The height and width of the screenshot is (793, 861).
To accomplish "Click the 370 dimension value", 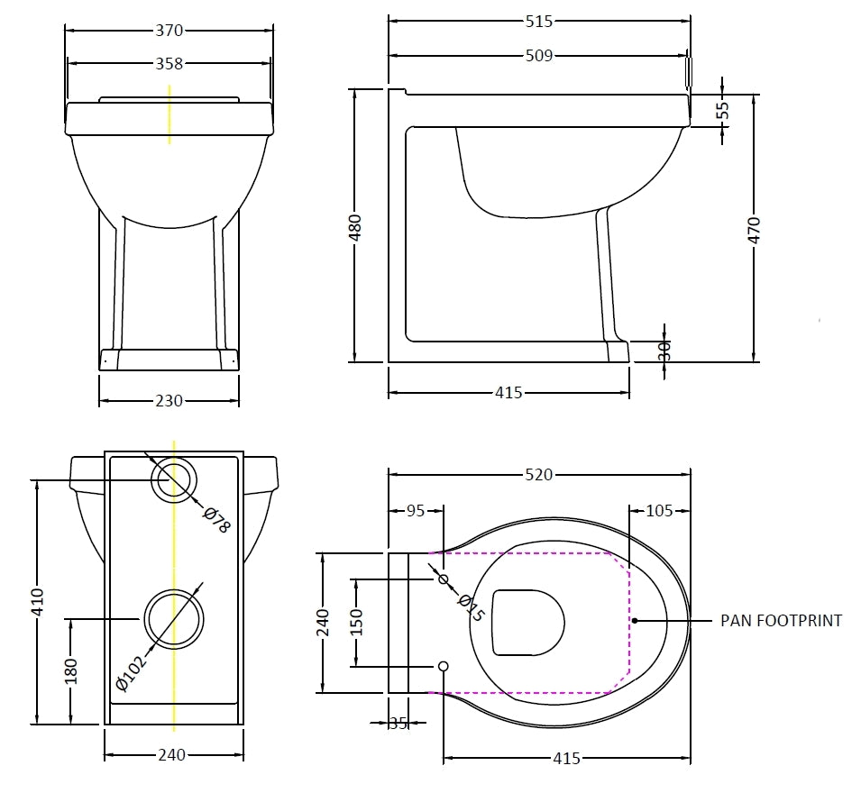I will tap(169, 31).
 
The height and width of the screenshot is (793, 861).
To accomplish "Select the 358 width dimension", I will tap(169, 64).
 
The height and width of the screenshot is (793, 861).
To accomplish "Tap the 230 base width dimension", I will tap(169, 401).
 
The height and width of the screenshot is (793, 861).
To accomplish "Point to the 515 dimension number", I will tap(538, 21).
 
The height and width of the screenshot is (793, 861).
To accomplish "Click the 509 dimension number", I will tap(538, 56).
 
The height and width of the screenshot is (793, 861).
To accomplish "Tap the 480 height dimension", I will tap(355, 226).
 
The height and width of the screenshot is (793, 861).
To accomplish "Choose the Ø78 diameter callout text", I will tap(216, 520).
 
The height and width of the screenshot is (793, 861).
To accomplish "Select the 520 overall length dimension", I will tap(538, 475).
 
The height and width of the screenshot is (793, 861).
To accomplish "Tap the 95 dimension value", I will tap(416, 511).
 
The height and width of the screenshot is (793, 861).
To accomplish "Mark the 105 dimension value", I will tap(660, 511).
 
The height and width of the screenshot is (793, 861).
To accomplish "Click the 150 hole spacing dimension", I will tap(357, 622).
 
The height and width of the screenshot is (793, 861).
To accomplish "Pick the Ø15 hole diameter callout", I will tap(471, 607).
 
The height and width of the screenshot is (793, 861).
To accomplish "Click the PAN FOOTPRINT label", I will tap(781, 621).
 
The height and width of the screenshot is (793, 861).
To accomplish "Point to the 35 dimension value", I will tap(398, 723).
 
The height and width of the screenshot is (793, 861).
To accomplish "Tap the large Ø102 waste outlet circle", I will tap(174, 619).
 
